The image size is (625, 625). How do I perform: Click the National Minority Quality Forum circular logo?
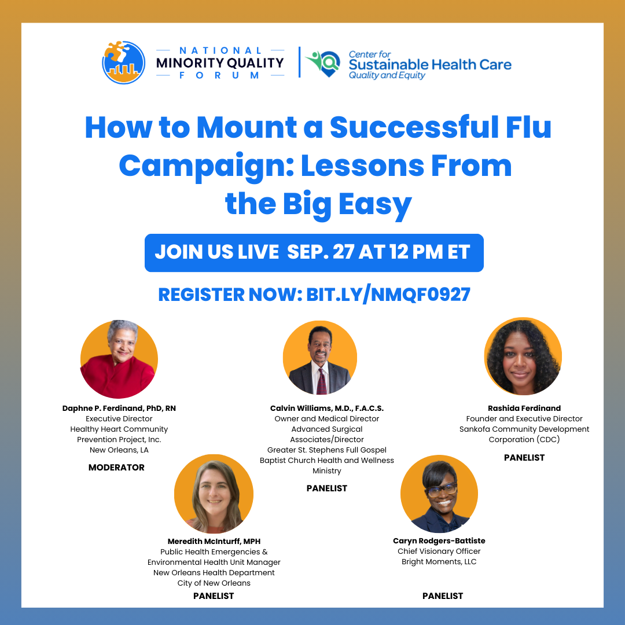(123, 62)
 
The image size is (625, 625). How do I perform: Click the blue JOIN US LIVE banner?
(314, 253)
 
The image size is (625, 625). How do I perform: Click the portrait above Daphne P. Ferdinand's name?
(119, 359)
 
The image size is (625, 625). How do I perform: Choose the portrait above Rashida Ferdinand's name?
(523, 356)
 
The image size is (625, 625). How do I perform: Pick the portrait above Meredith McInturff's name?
(214, 494)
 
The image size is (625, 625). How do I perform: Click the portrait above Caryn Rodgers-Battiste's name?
(439, 494)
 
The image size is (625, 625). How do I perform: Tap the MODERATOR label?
(116, 467)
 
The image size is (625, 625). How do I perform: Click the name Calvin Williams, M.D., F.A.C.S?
(327, 408)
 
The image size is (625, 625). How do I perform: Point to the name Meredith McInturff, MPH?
(214, 541)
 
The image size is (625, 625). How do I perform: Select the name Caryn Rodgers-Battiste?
(439, 541)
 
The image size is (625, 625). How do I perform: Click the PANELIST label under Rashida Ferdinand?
(524, 457)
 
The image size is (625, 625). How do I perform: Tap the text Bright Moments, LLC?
(439, 561)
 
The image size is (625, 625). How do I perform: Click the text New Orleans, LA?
(119, 450)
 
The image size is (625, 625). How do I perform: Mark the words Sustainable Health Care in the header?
(430, 64)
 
